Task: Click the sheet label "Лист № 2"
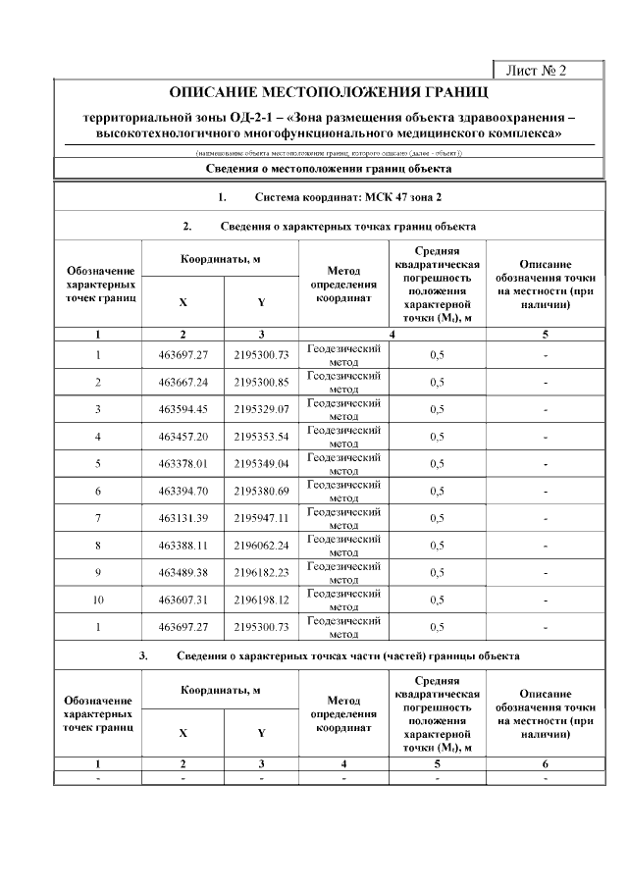(x=536, y=71)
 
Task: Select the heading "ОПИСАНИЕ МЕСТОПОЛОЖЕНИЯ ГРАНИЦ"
(x=329, y=93)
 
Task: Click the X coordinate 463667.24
(x=183, y=382)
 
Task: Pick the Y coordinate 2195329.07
(x=262, y=409)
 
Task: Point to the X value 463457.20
(x=183, y=436)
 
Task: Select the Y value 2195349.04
(x=262, y=463)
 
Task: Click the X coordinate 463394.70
(x=183, y=491)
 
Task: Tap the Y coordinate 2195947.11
(x=262, y=517)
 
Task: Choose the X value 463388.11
(x=183, y=545)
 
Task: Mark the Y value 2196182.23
(x=262, y=572)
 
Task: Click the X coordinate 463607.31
(x=183, y=599)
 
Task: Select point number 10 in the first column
(x=98, y=599)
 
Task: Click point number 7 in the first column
(x=98, y=517)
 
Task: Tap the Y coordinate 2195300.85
(x=262, y=382)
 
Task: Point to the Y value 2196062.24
(x=262, y=545)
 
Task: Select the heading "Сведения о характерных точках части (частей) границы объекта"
(x=348, y=655)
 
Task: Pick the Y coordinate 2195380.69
(x=262, y=491)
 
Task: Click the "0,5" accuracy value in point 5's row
(x=438, y=463)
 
